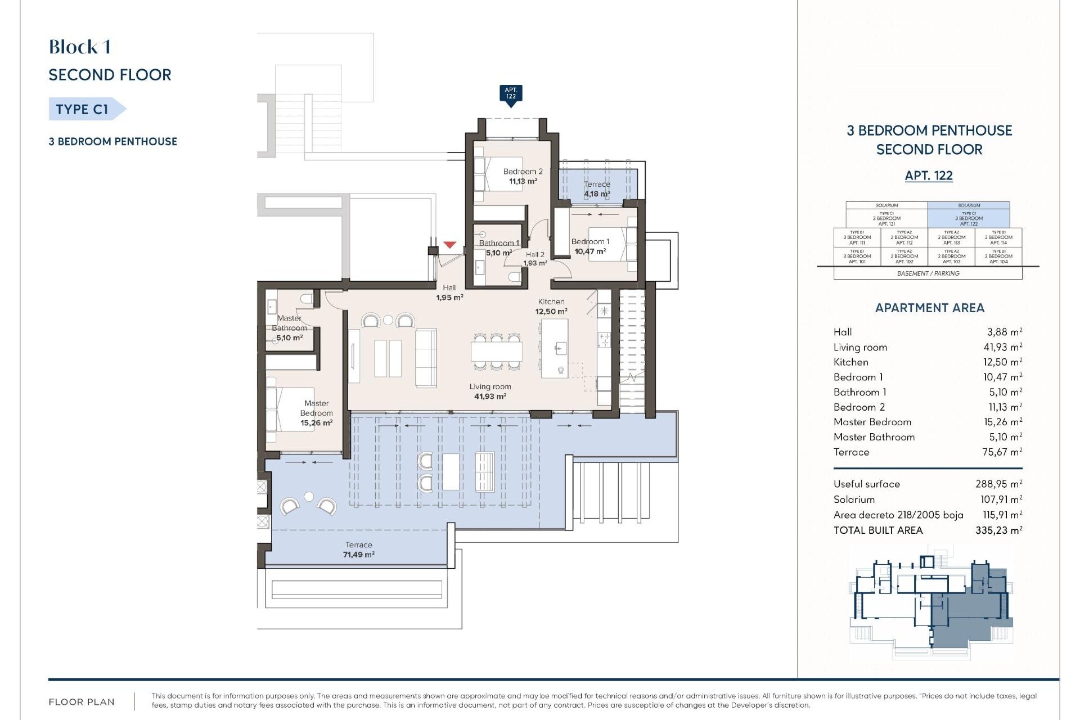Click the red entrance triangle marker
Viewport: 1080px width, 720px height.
pyautogui.click(x=449, y=245)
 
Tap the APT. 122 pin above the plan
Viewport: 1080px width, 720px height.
pyautogui.click(x=511, y=93)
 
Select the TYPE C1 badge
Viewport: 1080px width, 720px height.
pyautogui.click(x=83, y=109)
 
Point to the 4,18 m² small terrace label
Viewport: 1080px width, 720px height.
pyautogui.click(x=597, y=194)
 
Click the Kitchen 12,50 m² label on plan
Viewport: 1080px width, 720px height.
pyautogui.click(x=551, y=307)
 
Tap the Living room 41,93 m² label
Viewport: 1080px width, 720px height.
pyautogui.click(x=490, y=391)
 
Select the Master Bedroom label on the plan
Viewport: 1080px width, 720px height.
pyautogui.click(x=316, y=413)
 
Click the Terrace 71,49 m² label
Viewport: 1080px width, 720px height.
pyautogui.click(x=359, y=550)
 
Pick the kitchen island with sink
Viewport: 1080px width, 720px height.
pyautogui.click(x=554, y=349)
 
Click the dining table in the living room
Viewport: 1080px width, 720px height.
pyautogui.click(x=497, y=352)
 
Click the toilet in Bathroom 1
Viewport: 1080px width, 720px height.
pyautogui.click(x=514, y=277)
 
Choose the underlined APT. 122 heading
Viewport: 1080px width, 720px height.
pyautogui.click(x=929, y=175)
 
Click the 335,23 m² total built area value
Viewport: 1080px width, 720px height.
pyautogui.click(x=998, y=530)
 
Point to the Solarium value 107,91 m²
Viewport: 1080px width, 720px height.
pyautogui.click(x=1001, y=499)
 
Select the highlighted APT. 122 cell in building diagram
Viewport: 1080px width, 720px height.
pyautogui.click(x=969, y=218)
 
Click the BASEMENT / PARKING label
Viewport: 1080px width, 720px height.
pyautogui.click(x=928, y=273)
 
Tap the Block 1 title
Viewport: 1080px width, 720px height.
pyautogui.click(x=80, y=47)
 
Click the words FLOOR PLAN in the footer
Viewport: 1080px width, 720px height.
pyautogui.click(x=82, y=701)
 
